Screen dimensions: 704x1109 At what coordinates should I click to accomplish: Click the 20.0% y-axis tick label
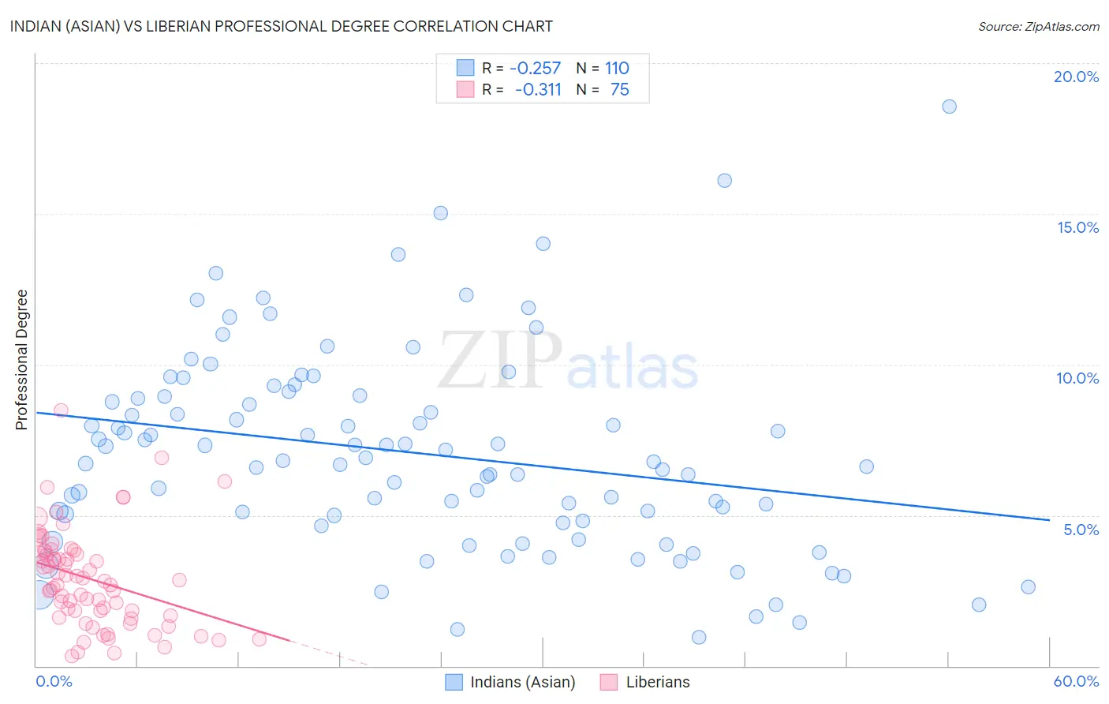(1076, 77)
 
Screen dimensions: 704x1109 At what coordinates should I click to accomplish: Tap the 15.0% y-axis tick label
(1077, 227)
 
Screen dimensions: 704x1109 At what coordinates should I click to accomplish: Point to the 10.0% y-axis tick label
(1077, 378)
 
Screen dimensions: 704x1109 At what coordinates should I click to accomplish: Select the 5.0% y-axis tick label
(1081, 530)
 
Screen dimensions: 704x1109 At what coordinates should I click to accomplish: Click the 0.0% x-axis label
(54, 681)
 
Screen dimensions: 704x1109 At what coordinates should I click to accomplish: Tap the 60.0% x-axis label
(1076, 681)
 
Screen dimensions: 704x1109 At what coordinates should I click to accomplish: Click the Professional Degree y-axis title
(21, 360)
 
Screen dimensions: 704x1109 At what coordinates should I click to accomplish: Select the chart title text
(281, 26)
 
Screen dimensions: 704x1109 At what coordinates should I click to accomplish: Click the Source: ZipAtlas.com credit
(1038, 26)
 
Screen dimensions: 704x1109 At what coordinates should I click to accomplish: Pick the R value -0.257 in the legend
(535, 69)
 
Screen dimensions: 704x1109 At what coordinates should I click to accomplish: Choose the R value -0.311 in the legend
(538, 90)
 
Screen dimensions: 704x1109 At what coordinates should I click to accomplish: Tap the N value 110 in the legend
(617, 69)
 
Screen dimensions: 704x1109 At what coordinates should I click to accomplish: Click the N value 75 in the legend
(619, 90)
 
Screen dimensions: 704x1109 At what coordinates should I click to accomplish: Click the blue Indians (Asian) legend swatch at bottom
(454, 682)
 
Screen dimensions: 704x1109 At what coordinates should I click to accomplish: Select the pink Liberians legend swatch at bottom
(608, 682)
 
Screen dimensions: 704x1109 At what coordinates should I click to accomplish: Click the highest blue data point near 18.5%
(949, 107)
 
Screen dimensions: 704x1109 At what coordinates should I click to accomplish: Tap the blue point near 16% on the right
(724, 181)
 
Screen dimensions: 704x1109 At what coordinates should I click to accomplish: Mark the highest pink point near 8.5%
(61, 410)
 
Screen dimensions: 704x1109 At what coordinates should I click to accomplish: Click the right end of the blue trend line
(1048, 520)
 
